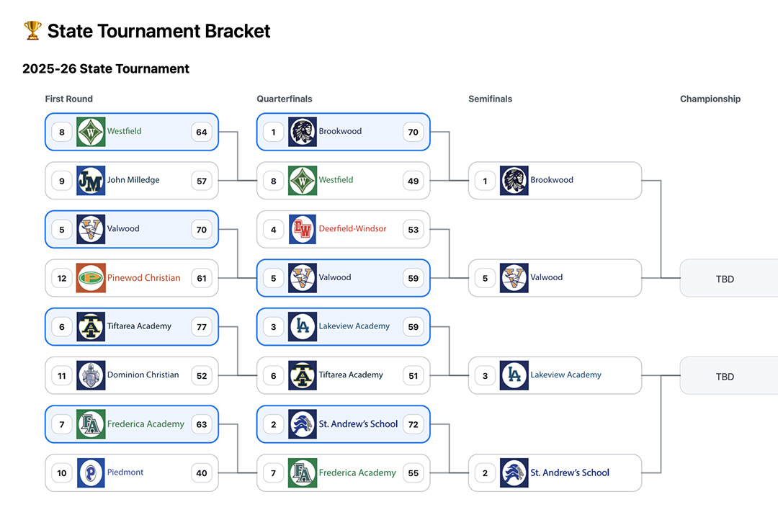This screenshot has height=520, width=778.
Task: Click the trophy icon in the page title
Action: [x=32, y=30]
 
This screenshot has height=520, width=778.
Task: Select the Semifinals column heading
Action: [x=490, y=99]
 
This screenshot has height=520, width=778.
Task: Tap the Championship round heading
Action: [x=710, y=99]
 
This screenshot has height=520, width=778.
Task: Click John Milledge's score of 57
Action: [x=202, y=181]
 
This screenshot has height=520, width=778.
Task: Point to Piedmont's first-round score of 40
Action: [x=202, y=473]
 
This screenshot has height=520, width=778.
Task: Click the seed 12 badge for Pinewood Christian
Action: [x=62, y=278]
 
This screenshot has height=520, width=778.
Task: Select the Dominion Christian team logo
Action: [x=91, y=375]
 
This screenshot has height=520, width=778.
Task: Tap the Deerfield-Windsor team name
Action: [x=352, y=229]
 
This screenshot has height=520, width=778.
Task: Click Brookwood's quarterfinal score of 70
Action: [x=413, y=132]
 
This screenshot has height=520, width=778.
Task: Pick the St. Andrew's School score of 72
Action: [x=413, y=424]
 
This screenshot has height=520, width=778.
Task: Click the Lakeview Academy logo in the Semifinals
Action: [x=514, y=375]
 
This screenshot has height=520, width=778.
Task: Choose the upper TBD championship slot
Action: [x=725, y=279]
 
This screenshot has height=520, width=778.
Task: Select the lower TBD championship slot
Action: [x=725, y=377]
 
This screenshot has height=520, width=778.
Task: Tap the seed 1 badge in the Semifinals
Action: [x=486, y=181]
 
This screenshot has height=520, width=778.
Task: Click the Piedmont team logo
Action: [x=91, y=473]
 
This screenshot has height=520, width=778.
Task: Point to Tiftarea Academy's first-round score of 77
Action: [x=202, y=327]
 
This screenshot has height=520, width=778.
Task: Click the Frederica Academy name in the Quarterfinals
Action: [x=357, y=473]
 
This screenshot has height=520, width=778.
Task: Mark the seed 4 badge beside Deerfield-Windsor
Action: [x=274, y=230]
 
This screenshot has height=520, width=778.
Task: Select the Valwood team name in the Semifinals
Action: [x=547, y=278]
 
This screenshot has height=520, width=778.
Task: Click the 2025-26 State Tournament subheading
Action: [x=106, y=69]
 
